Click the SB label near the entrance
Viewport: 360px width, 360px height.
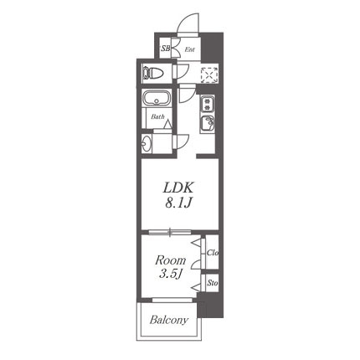(166, 49)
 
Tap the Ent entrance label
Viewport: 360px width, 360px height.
(190, 49)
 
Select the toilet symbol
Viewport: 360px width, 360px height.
(153, 73)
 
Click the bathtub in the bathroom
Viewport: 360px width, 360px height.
(157, 98)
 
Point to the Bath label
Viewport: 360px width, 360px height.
(157, 116)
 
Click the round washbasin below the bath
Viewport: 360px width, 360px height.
(147, 143)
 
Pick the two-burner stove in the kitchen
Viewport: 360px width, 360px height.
(208, 104)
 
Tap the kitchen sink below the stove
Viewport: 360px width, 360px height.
(207, 123)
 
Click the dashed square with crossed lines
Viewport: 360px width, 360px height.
(209, 75)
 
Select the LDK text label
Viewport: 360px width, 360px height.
(178, 188)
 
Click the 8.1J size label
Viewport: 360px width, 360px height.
(178, 203)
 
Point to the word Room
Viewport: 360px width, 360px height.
(170, 260)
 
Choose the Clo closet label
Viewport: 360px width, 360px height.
(212, 253)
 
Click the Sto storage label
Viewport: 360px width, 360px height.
(213, 283)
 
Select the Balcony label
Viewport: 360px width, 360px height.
(169, 320)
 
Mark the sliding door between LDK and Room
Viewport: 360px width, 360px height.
(170, 231)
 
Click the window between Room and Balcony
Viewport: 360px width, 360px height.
(172, 300)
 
